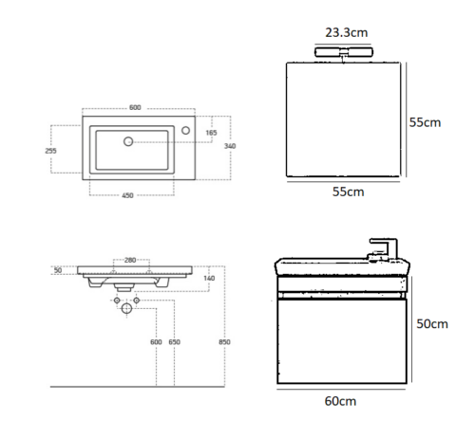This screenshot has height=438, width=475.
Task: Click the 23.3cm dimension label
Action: point(347,32)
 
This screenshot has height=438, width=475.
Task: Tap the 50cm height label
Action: point(432,324)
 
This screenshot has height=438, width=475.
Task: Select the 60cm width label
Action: point(340,401)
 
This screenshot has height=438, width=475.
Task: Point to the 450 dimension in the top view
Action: point(127,195)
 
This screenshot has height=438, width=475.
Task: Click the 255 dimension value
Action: point(50,151)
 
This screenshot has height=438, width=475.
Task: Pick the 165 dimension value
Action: point(211,133)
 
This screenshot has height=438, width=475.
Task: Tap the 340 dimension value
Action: point(230,146)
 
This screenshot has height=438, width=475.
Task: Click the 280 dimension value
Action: point(130,260)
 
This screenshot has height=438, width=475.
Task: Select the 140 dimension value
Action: point(209,278)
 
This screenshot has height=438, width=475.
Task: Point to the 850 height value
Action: point(224,342)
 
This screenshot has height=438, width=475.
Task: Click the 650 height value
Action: point(174,342)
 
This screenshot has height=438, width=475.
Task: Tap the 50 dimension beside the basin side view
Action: point(58,270)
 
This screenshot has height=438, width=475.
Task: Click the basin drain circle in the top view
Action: point(128,141)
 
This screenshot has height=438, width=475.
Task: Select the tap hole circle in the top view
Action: point(186,130)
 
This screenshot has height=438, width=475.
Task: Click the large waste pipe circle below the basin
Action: point(126,308)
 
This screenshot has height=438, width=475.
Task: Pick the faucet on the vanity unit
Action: point(382,249)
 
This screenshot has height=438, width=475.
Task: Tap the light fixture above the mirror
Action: point(344,52)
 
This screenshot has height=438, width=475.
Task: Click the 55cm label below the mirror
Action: point(349,192)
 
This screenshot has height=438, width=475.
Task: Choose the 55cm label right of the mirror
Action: point(425,122)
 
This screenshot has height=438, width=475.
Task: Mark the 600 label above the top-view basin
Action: point(135,107)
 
